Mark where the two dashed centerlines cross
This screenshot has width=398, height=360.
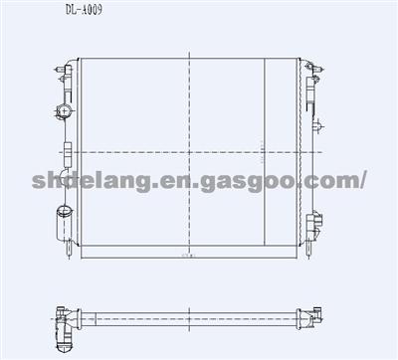(x=190, y=151)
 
